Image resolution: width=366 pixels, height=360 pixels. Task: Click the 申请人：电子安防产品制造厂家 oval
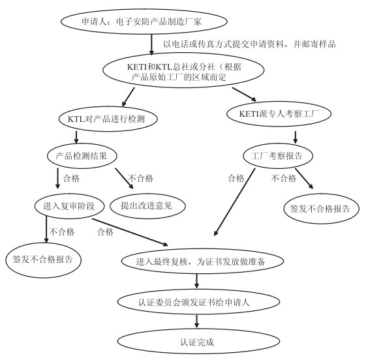144,22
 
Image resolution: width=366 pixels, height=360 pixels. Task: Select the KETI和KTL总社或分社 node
184,70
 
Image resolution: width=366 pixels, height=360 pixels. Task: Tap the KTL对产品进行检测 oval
108,119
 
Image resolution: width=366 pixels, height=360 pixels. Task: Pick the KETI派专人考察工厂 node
279,114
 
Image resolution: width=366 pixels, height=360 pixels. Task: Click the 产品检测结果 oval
82,156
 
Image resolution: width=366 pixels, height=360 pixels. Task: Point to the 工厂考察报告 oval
278,156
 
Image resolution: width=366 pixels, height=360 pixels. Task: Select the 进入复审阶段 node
69,206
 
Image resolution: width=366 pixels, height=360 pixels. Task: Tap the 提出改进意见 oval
147,206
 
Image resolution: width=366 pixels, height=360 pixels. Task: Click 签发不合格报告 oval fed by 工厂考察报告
322,209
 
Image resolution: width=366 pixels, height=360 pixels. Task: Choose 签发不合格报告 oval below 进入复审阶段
44,260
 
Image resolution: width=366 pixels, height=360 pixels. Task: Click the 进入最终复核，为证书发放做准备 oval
202,261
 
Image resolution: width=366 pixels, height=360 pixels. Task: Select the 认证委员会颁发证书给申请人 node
198,302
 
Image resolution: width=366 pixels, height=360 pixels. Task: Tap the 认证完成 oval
198,342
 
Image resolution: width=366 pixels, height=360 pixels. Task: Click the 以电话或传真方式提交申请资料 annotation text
223,44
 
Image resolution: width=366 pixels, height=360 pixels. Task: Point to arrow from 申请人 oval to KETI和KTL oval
151,44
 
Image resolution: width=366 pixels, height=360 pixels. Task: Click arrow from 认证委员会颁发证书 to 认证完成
196,322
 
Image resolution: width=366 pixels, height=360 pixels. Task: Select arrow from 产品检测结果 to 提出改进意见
124,179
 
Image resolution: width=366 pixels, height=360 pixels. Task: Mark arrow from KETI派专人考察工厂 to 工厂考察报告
296,137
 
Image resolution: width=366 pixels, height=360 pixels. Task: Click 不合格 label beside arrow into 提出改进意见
140,179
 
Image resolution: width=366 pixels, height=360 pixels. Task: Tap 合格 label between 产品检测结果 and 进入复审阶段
71,179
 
